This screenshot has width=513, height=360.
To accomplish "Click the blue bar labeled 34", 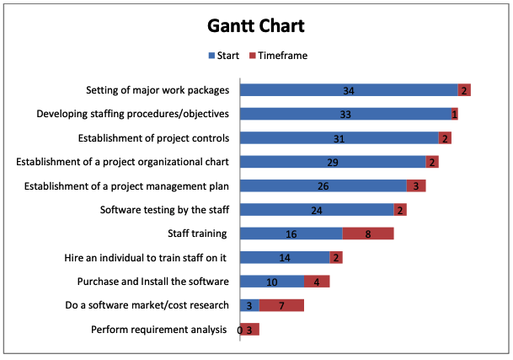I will (349, 90).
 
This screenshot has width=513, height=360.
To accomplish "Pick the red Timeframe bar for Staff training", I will (368, 234).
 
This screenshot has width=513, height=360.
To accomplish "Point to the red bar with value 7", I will (281, 305).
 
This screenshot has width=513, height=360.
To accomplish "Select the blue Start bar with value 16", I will (291, 234).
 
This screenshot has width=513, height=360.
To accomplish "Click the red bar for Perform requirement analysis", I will (250, 330).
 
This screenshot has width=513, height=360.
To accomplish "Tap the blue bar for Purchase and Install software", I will (272, 282).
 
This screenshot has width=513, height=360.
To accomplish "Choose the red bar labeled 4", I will (317, 282).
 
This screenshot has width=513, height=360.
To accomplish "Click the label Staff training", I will (199, 234).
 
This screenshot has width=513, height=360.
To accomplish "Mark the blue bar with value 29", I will (333, 162).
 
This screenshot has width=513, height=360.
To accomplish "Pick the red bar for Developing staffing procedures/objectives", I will (455, 114).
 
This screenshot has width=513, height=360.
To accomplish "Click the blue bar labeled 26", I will (323, 185).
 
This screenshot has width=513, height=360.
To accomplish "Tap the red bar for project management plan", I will (416, 185).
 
